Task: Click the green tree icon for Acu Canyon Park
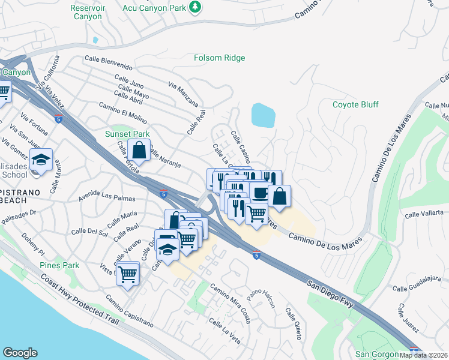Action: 194,7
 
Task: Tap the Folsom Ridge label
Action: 219,58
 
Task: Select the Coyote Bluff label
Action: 355,104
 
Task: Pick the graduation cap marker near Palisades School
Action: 41,160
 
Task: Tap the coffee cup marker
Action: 260,193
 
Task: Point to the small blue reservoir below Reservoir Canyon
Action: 95,40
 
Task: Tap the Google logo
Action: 20,353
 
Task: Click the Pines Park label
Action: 59,265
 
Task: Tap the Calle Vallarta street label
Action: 425,213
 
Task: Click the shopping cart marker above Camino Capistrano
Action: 127,274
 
